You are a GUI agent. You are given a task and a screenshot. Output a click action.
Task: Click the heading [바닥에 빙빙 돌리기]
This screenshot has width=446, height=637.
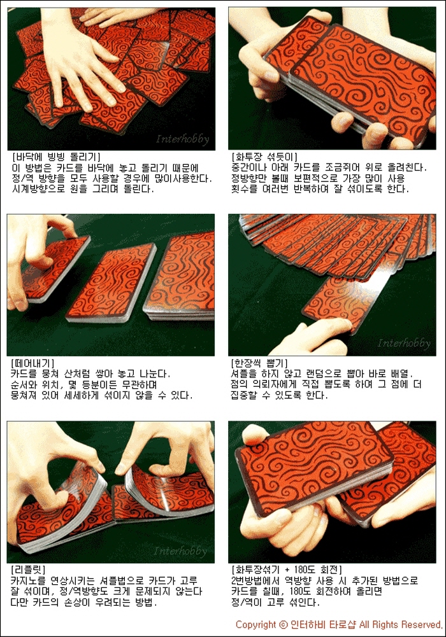click(56, 157)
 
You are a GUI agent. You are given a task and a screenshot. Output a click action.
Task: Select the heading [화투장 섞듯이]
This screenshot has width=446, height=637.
click(264, 157)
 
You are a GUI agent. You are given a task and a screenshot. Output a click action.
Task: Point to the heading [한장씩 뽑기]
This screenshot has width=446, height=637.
click(259, 363)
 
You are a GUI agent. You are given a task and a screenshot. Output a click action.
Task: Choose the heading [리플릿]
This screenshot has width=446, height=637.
click(28, 570)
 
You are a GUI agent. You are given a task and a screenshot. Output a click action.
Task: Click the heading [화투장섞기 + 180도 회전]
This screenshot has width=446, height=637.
click(287, 570)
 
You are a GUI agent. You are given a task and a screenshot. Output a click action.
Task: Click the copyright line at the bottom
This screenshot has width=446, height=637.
click(339, 624)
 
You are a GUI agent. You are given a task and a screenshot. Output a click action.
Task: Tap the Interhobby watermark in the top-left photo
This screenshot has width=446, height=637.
click(183, 139)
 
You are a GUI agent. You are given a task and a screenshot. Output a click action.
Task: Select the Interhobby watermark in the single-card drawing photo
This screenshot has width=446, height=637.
click(404, 343)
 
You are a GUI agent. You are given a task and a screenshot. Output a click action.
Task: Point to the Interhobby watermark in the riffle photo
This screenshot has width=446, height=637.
click(180, 551)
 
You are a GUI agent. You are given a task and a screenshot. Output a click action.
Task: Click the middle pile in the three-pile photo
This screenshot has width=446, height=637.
click(111, 283)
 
